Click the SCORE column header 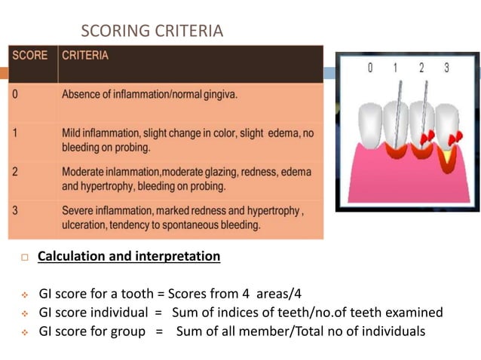coord(29,56)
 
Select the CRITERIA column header coord(85,56)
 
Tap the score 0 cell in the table coord(15,95)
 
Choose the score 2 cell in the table coord(15,172)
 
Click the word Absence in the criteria coord(82,95)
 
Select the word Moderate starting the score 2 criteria coord(85,172)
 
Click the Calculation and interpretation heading coord(129,257)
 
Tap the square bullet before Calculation coord(24,258)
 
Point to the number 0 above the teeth coord(370,69)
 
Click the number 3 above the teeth coord(446,69)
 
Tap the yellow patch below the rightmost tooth coord(448,157)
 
